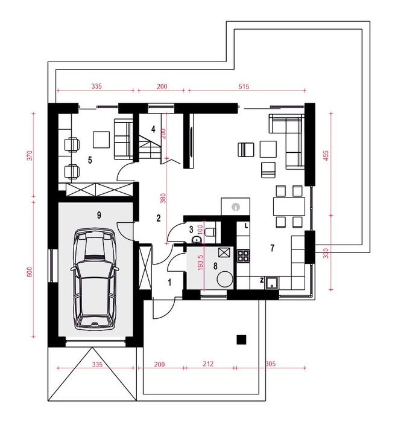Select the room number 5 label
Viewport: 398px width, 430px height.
tap(89, 160)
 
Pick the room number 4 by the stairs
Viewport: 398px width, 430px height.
tap(154, 129)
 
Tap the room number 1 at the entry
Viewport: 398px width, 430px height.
tap(169, 282)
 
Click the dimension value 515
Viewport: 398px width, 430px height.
tap(244, 87)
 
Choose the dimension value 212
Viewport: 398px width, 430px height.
tap(209, 364)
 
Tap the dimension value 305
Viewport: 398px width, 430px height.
tap(270, 364)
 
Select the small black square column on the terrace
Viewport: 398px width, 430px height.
tap(241, 339)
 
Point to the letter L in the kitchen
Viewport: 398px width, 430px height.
tap(247, 226)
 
